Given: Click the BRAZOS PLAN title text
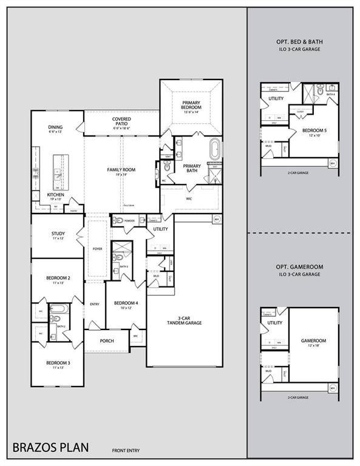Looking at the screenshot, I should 50,448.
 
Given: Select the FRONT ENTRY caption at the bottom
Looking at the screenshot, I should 126,450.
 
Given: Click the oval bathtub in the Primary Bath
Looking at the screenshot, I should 216,150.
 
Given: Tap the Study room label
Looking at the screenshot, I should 58,235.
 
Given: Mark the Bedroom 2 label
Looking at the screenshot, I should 58,280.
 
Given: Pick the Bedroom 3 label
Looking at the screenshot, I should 58,365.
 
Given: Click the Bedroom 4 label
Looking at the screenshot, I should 126,305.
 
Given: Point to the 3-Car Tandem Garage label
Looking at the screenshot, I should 189,320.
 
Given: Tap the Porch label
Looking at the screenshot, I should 107,340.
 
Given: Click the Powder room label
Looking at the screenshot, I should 130,221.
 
